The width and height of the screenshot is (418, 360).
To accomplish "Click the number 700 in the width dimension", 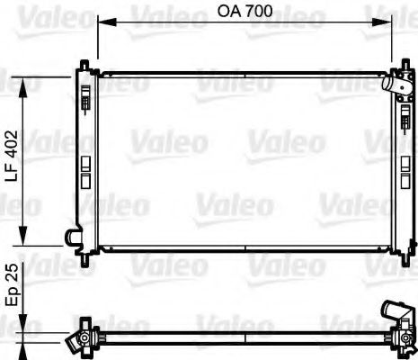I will click(x=261, y=14).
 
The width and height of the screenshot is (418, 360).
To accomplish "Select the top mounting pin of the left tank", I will click(x=84, y=65).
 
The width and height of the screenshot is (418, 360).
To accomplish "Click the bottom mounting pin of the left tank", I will click(x=84, y=256).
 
